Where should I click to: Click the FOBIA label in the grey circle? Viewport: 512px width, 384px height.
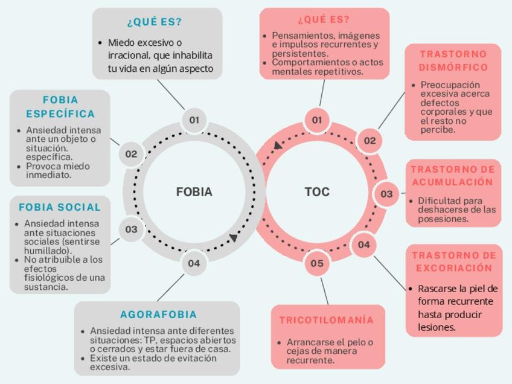coord(194,192)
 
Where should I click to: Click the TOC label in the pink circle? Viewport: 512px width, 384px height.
coord(317,192)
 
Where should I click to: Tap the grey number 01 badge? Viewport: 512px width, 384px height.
coord(194,120)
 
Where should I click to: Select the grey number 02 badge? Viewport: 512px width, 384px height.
coord(131,154)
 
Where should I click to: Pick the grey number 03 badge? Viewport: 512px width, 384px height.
coord(131,229)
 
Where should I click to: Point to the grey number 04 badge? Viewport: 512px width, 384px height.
coord(193,263)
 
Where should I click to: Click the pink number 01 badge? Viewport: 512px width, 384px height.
coord(317,120)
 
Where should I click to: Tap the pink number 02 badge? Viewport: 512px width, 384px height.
coord(370,141)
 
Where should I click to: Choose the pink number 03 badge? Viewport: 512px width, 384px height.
coord(386,194)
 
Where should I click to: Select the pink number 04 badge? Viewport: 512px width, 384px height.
coord(363,245)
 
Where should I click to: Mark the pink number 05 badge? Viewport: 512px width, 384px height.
coord(317,263)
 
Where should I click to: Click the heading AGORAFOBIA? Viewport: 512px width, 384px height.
coord(158,315)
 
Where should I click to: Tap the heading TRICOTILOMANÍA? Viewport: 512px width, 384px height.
coord(327,320)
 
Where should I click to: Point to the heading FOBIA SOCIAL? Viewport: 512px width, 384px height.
coord(60,207)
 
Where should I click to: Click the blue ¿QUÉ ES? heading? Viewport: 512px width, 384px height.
coord(155,22)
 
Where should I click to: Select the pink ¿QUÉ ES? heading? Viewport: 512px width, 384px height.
coord(324,20)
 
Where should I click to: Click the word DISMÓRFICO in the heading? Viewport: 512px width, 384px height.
coord(453,67)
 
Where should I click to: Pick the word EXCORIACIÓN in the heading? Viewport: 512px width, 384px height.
coord(454,267)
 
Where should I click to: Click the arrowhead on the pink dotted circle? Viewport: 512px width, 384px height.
coord(278,146)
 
